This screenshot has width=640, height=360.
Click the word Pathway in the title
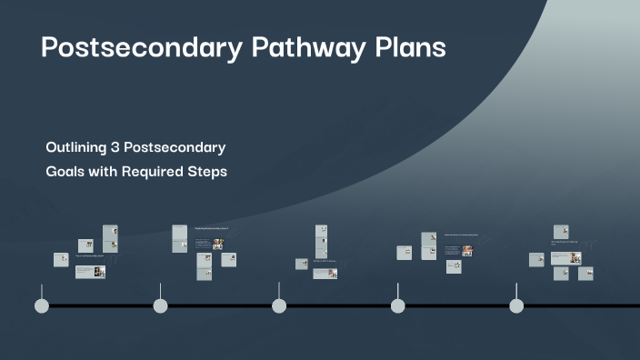pos(301,48)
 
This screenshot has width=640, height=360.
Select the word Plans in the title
pos(408,48)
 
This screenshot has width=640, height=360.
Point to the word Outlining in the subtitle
pos(76,146)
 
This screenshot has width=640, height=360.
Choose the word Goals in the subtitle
pos(65,171)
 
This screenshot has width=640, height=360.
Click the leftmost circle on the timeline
pos(41,305)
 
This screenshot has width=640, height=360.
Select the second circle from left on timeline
pos(160,305)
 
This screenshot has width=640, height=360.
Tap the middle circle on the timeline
pos(279,305)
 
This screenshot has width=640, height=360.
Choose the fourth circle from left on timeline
pos(397,305)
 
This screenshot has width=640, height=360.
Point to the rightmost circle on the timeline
pos(516,305)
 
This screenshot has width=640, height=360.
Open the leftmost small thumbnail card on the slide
pos(61,259)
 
